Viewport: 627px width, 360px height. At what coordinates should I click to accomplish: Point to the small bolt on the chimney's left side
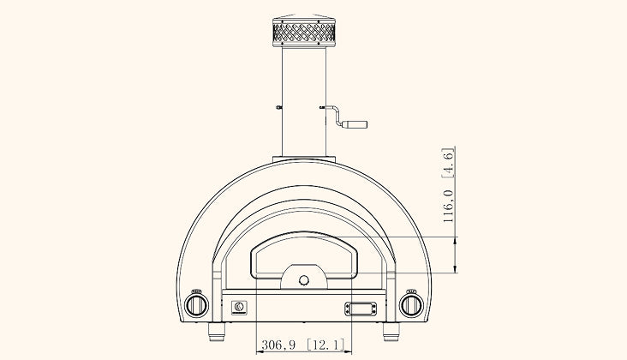[x=280, y=107]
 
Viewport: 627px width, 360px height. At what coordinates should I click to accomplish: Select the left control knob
[x=197, y=304]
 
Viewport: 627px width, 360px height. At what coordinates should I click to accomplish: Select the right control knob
[x=413, y=304]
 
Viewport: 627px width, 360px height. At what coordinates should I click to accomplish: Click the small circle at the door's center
[x=303, y=280]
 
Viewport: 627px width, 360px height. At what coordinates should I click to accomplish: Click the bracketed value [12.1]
[x=325, y=345]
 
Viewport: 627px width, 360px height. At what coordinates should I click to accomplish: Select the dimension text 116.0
[x=447, y=206]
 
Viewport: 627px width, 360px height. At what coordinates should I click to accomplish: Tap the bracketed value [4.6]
[x=447, y=162]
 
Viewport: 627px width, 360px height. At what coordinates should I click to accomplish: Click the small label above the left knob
[x=196, y=289]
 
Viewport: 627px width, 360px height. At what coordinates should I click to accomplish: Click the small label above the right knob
[x=411, y=289]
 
